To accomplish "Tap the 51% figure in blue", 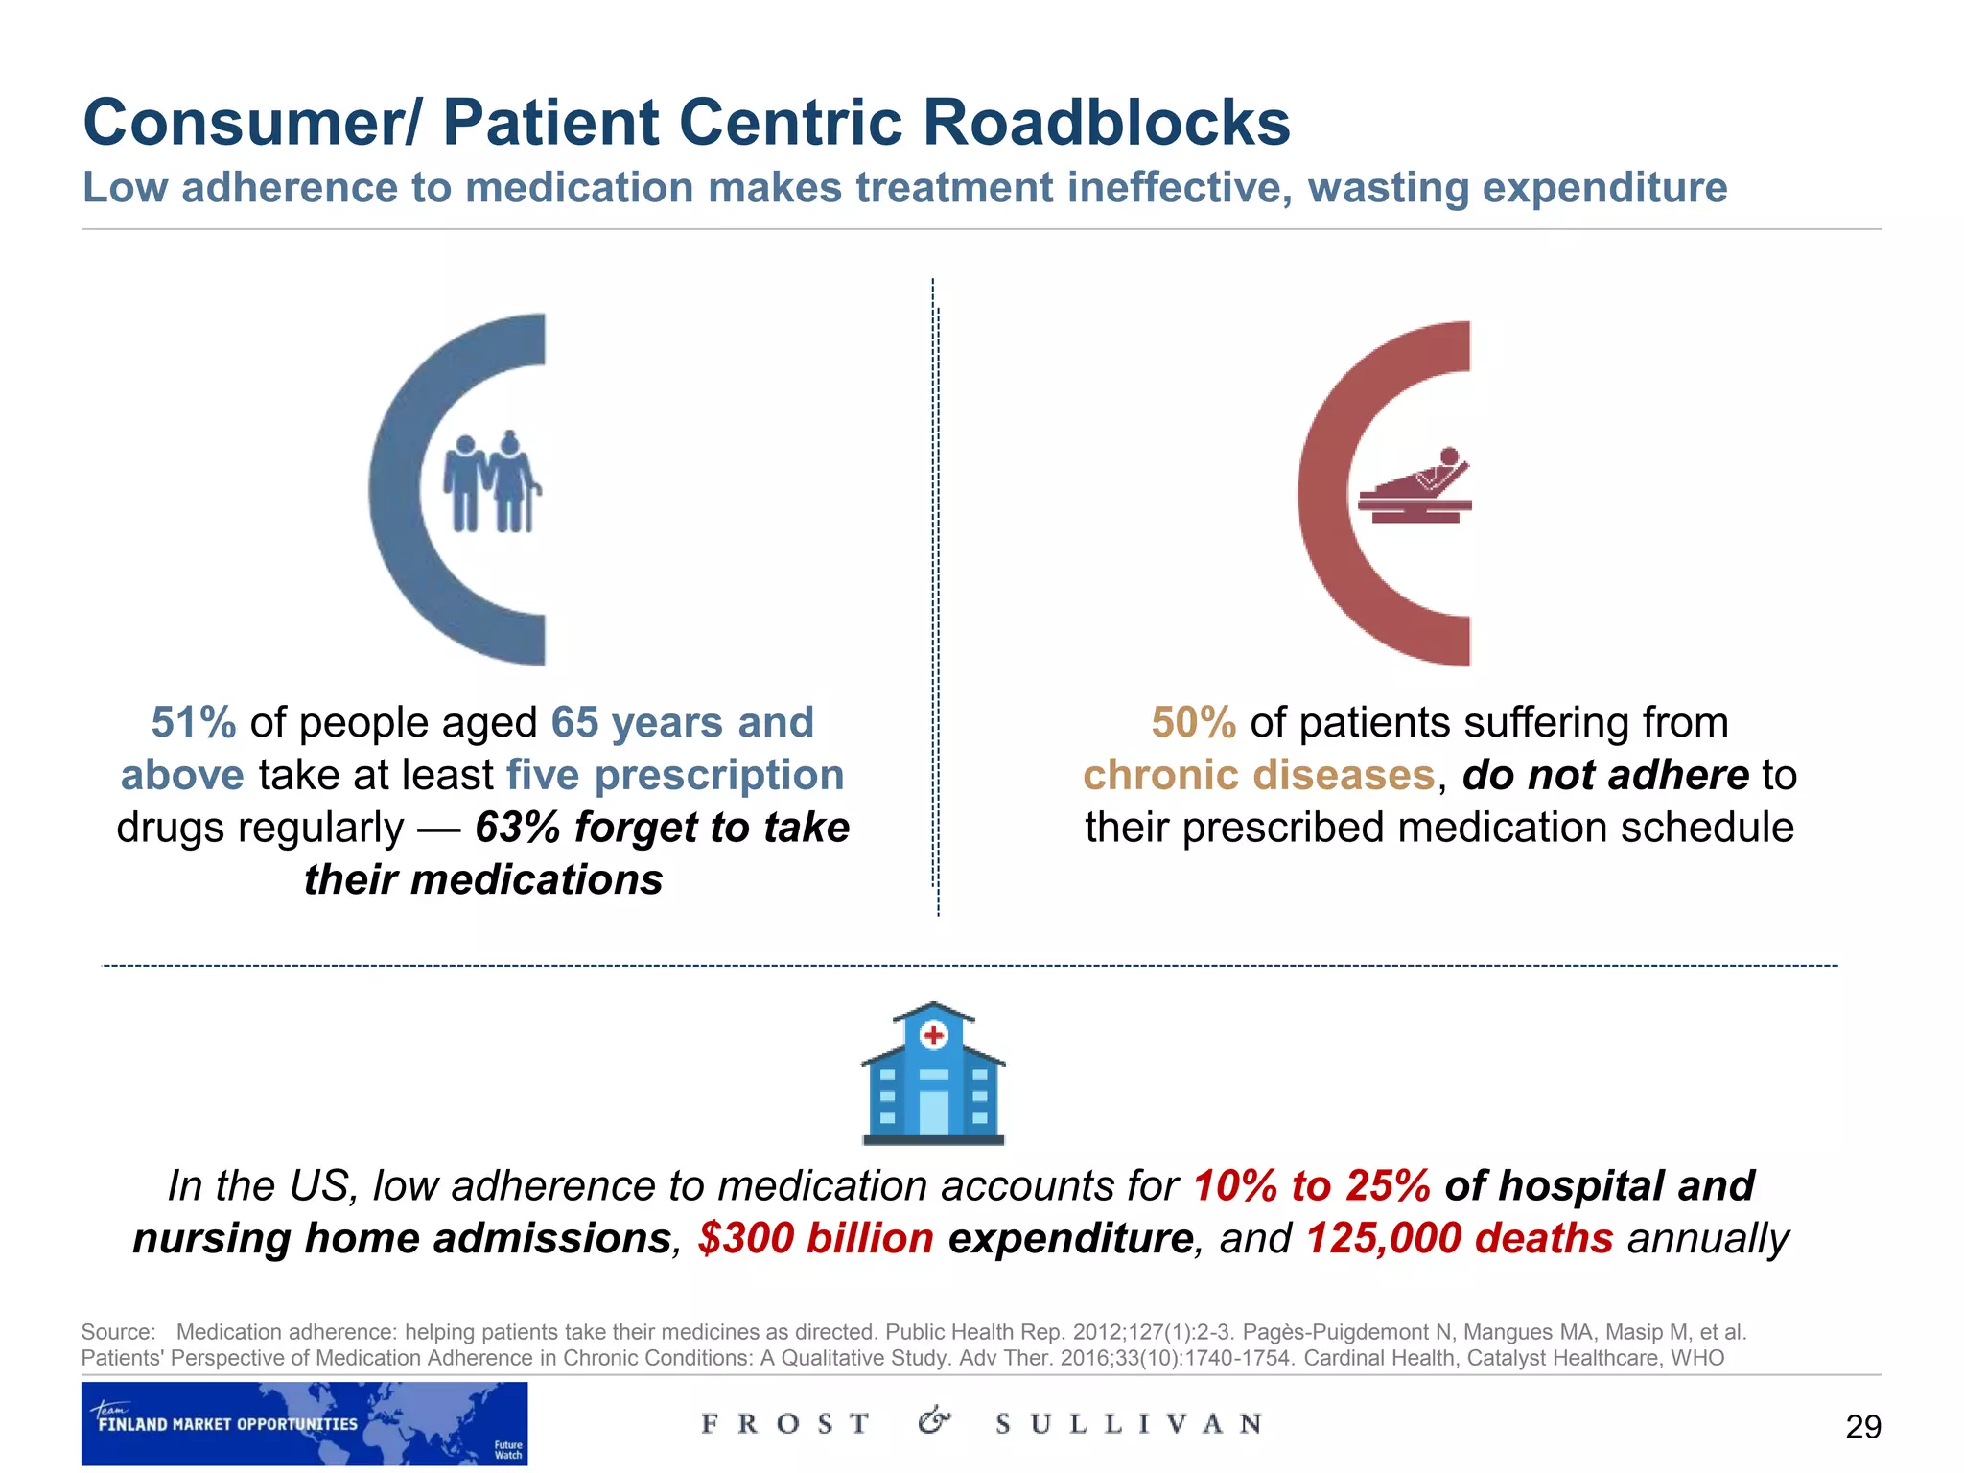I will (194, 722).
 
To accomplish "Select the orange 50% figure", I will (1193, 722).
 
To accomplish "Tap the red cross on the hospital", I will (933, 1036).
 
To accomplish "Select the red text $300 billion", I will (815, 1238).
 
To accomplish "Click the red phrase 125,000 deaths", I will (1460, 1238).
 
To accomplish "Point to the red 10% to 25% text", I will (1312, 1186).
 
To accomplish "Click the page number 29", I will (1862, 1427).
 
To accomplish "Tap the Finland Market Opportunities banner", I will (304, 1423).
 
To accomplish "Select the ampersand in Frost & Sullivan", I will (934, 1421).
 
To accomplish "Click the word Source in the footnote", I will (117, 1332).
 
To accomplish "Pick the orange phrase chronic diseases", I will (1258, 775).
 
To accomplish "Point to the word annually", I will (1708, 1238).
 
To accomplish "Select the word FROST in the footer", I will (785, 1424).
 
